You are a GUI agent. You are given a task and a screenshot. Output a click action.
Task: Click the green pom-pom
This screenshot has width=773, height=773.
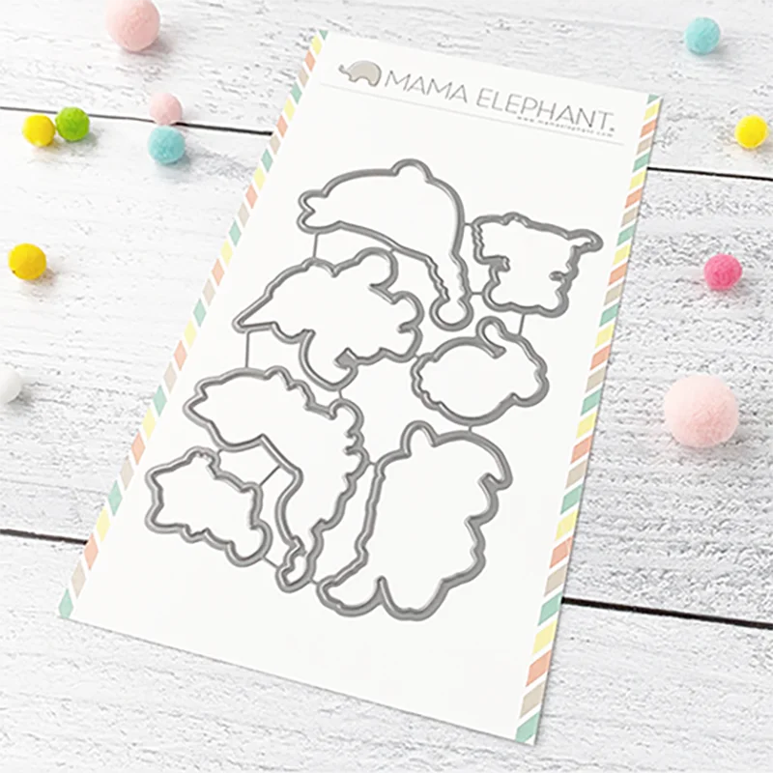point(72,124)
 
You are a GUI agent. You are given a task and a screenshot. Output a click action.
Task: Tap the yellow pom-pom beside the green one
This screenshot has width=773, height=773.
point(39,130)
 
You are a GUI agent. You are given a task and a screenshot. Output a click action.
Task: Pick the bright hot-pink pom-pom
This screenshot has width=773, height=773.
point(722,272)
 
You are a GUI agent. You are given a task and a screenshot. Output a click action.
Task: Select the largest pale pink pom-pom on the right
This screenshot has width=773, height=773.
point(701,411)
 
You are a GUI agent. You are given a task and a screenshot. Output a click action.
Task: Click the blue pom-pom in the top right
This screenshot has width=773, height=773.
point(702,36)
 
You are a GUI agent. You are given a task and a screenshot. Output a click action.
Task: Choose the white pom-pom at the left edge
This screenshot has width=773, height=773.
point(8,384)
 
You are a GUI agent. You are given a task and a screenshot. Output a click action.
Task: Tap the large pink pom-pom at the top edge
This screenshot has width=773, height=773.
point(132,23)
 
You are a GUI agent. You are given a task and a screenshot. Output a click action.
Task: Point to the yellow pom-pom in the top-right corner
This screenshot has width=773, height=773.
point(751,131)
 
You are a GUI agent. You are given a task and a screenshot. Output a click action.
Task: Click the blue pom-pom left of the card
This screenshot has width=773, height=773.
point(166,145)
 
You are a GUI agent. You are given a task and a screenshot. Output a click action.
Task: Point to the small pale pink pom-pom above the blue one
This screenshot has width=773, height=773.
point(165,108)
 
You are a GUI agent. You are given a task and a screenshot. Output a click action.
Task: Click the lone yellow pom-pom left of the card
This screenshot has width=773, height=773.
point(27,262)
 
